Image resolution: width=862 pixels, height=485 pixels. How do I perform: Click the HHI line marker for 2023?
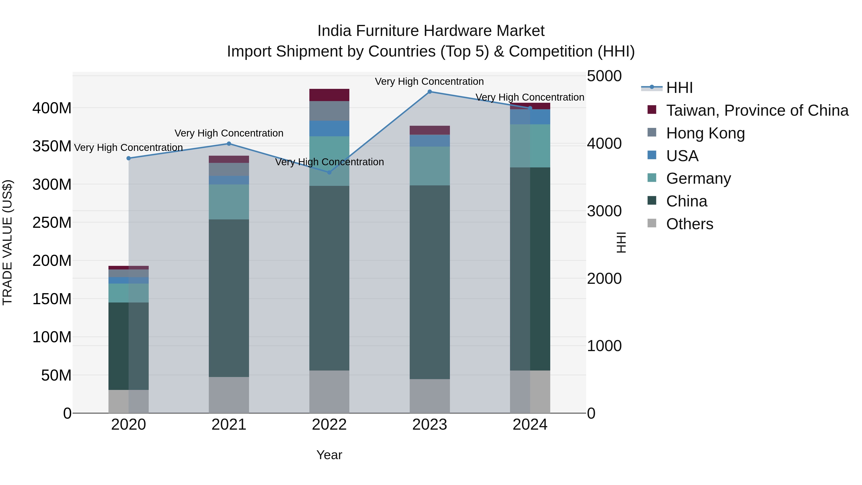(430, 91)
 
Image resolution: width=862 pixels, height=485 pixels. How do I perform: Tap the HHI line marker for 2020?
(129, 158)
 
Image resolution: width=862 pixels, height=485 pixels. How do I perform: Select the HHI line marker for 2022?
(329, 172)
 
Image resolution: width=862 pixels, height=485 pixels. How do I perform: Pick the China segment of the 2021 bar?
(229, 298)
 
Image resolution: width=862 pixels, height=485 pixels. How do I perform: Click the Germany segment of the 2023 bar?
(430, 166)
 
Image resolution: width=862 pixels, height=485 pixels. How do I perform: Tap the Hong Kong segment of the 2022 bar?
(329, 111)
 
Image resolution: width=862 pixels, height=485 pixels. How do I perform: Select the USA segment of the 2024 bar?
(530, 117)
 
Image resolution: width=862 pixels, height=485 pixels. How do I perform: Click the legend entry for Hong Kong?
(705, 133)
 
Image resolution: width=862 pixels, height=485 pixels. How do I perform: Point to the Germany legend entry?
(698, 178)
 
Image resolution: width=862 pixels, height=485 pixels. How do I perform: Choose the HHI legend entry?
(679, 88)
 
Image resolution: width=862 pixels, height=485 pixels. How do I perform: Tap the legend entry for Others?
(689, 224)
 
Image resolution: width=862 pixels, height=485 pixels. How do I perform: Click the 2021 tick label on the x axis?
(229, 425)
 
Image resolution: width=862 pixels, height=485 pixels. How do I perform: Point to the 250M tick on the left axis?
(52, 223)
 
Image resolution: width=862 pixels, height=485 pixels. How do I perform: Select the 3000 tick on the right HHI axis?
(604, 211)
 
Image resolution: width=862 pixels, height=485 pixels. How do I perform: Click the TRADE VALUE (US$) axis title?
(7, 242)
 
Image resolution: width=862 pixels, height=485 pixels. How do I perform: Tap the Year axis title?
(329, 455)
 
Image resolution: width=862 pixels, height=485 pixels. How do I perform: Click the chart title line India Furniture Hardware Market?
(431, 31)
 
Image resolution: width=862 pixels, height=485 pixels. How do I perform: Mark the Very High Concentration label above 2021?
(229, 133)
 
